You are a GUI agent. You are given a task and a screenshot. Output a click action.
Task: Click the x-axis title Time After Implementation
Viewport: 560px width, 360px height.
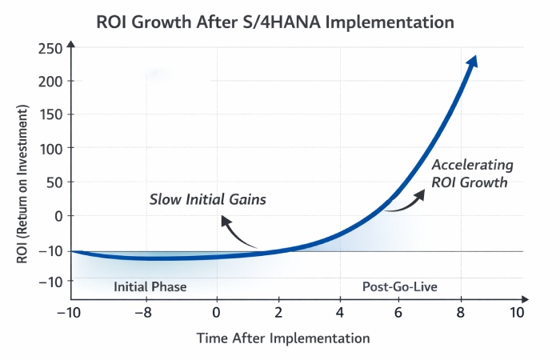(283, 338)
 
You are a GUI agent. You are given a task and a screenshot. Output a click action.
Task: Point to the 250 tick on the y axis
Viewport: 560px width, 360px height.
(50, 48)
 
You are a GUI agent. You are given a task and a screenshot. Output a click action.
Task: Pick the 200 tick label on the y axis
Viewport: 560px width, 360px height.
(50, 81)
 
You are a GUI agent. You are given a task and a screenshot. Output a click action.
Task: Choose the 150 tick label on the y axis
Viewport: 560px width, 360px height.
(50, 114)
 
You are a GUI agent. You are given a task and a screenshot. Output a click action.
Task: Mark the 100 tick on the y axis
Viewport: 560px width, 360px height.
(50, 148)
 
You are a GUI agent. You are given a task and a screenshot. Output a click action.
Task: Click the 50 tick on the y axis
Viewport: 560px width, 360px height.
(54, 182)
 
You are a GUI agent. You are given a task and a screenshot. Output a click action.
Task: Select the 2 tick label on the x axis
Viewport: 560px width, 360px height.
(279, 311)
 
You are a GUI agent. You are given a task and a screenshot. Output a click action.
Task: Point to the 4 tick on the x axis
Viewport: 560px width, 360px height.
(341, 311)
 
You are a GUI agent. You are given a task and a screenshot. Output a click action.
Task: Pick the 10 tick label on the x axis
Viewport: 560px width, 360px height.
(517, 311)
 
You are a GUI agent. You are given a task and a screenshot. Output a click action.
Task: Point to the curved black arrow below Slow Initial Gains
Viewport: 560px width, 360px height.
(237, 234)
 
